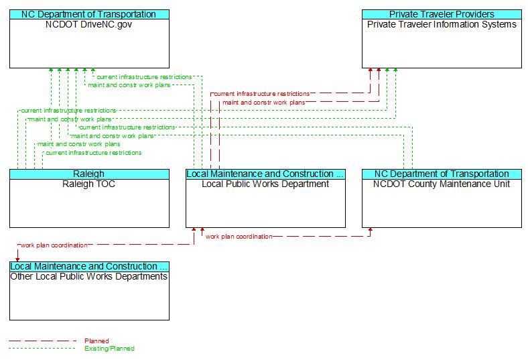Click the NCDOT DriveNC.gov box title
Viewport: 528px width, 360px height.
pos(89,24)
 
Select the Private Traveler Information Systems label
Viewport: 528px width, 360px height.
pos(442,24)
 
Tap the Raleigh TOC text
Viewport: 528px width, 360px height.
pos(89,184)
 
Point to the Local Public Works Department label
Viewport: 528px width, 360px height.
pos(265,184)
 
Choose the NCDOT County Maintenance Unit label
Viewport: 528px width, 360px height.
pos(442,184)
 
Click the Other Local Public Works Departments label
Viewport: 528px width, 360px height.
pos(89,276)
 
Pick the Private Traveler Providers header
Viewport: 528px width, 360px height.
pos(442,15)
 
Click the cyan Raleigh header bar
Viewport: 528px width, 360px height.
pos(89,174)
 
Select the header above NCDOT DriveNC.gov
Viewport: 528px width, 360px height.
pos(89,15)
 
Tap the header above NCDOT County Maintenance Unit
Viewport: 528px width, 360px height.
pos(442,174)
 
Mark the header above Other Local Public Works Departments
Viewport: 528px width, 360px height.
pos(89,266)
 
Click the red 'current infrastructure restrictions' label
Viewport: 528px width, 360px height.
pos(261,94)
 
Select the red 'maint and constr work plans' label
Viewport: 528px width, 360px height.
pos(263,103)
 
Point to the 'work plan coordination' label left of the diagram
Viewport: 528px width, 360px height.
pos(54,245)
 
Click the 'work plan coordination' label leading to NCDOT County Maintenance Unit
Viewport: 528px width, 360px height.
pos(239,237)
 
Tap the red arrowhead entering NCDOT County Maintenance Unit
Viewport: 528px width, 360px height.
pos(371,230)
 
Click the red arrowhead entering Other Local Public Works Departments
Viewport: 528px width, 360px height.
pos(17,259)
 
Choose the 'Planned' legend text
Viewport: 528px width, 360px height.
pos(96,341)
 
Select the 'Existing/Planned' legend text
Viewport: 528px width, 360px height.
pos(109,348)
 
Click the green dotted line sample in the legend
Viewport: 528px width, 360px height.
pos(42,348)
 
